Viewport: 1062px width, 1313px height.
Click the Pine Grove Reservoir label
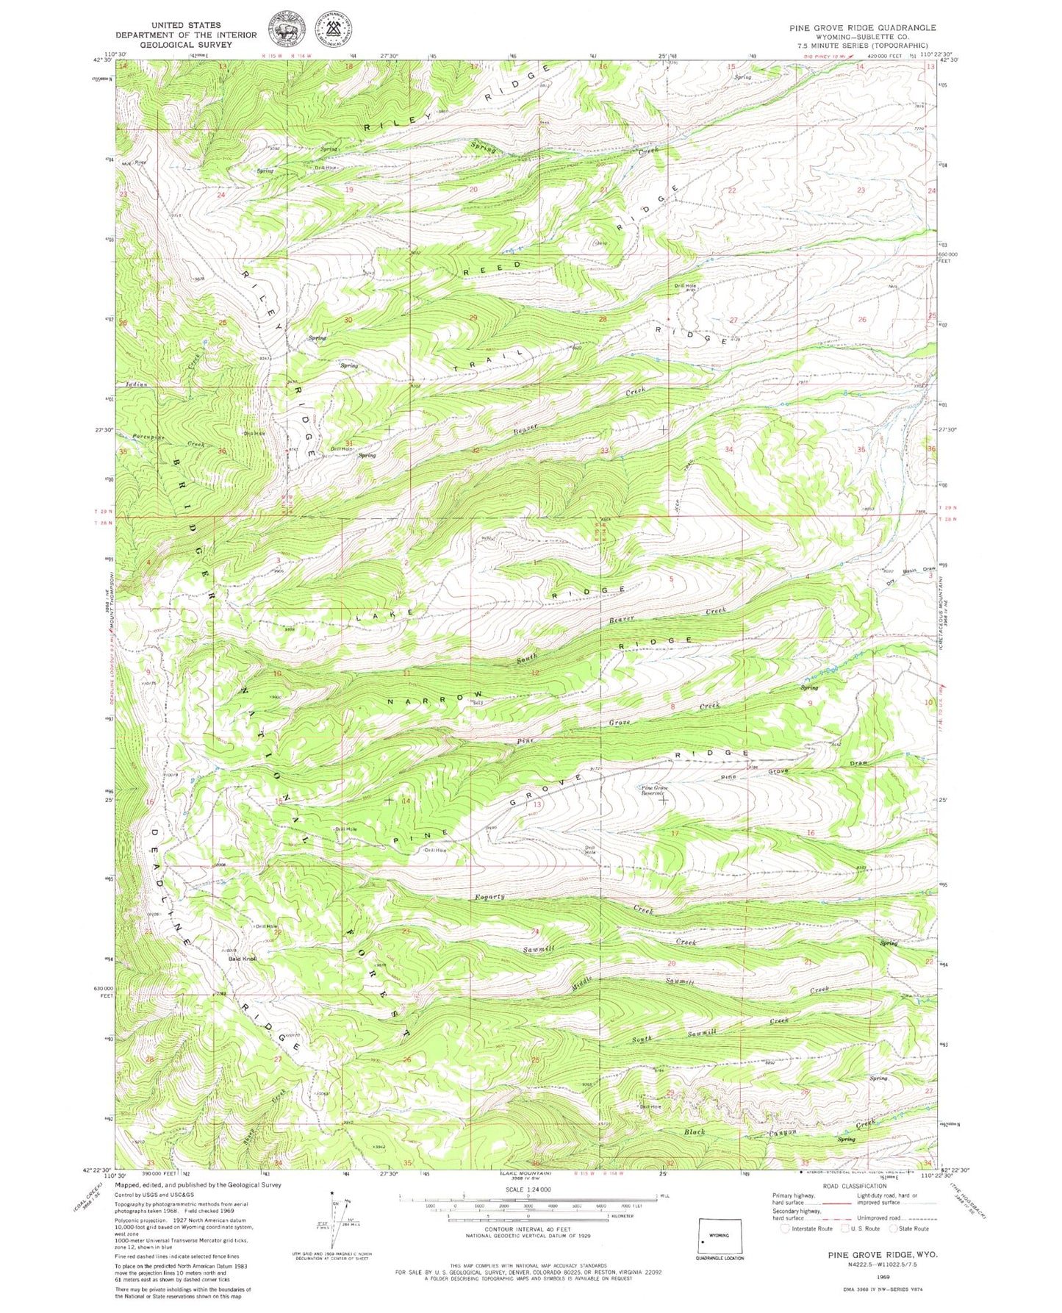(653, 791)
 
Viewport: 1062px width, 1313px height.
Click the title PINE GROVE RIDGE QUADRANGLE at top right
(863, 27)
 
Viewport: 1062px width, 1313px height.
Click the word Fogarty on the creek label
(489, 897)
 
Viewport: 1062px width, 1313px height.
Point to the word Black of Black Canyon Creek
(695, 1131)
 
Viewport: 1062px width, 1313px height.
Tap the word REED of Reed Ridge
(492, 268)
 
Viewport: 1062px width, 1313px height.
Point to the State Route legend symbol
(894, 1228)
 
